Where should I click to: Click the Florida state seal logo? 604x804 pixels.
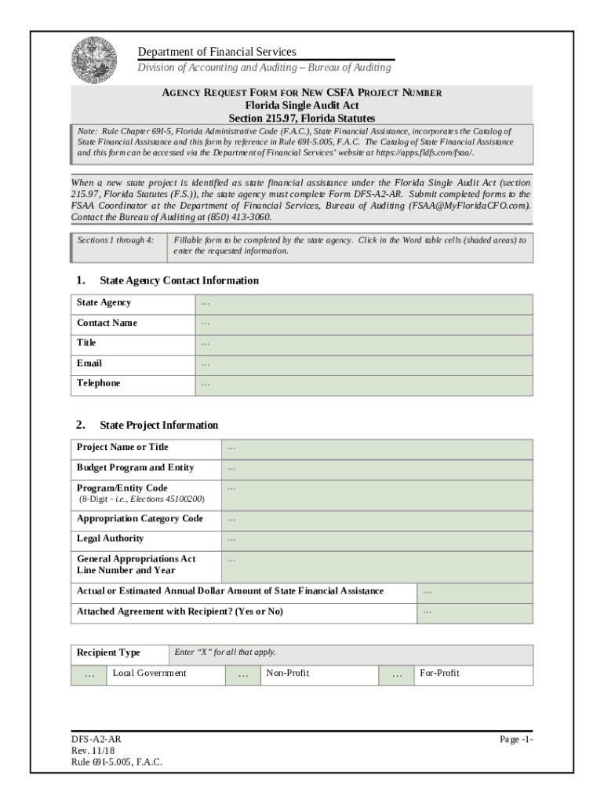93,60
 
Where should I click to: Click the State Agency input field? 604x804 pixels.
363,304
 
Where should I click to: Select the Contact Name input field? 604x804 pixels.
363,324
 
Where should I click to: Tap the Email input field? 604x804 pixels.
363,364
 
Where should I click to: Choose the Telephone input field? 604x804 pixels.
363,385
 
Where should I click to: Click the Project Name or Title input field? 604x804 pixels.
377,448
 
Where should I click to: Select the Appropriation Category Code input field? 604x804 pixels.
377,520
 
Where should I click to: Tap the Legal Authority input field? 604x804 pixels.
377,539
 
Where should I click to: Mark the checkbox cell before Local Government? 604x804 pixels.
89,675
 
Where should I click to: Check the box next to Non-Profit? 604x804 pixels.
243,675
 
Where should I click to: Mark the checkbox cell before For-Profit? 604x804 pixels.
397,675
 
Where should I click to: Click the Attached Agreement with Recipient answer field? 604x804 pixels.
474,612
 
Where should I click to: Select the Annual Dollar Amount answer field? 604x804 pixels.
474,592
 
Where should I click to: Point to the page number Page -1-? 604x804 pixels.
516,740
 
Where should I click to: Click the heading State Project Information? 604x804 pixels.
158,426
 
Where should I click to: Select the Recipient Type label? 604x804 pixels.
109,653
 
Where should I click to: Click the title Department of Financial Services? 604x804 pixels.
217,52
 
